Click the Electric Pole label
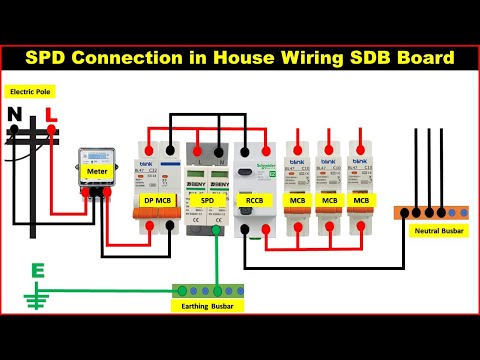(x=29, y=92)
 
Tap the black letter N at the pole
(x=14, y=115)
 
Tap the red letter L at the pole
(x=50, y=115)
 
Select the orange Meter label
(x=96, y=171)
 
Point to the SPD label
(x=208, y=201)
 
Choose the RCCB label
(x=254, y=201)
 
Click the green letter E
(x=39, y=271)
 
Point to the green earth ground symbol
(x=39, y=298)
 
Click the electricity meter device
(x=96, y=171)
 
